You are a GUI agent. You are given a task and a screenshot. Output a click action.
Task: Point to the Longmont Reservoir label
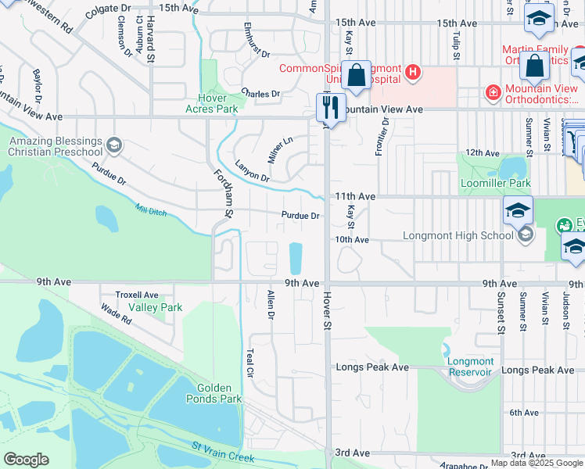pos(470,367)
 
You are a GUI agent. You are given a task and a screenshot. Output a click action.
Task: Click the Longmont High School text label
pos(458,235)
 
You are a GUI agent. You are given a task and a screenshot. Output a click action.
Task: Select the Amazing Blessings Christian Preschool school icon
pos(114,145)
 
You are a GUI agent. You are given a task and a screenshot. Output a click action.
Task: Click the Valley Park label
pos(155,308)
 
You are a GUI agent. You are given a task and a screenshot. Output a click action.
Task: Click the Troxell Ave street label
pos(137,295)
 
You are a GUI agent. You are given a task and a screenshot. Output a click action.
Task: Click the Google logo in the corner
pos(26,460)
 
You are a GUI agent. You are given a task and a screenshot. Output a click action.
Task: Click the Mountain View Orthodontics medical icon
pos(493,93)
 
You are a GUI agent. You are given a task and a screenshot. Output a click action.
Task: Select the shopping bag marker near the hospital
pos(357,77)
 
